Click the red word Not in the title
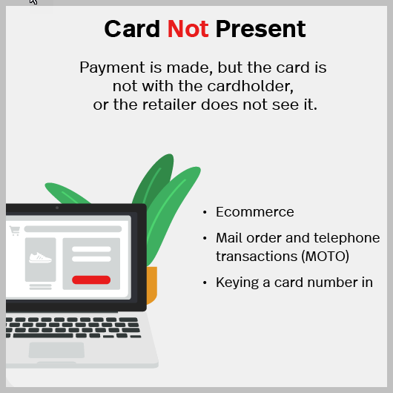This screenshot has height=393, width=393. (188, 29)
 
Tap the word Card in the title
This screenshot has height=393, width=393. (133, 29)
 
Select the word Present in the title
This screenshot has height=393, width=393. (260, 29)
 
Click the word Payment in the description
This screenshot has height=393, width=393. (110, 67)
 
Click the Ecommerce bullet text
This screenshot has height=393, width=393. (255, 212)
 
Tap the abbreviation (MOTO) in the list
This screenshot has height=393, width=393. (322, 257)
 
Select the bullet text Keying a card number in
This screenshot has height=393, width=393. (294, 283)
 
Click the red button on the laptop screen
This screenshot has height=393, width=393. (91, 280)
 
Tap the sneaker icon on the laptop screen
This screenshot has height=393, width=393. (39, 259)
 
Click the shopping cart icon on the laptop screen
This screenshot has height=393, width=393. (15, 231)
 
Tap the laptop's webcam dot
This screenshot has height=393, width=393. (56, 208)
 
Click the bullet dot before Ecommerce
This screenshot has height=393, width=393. (205, 213)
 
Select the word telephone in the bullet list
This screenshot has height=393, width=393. (349, 238)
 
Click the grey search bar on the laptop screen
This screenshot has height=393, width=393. (73, 229)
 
